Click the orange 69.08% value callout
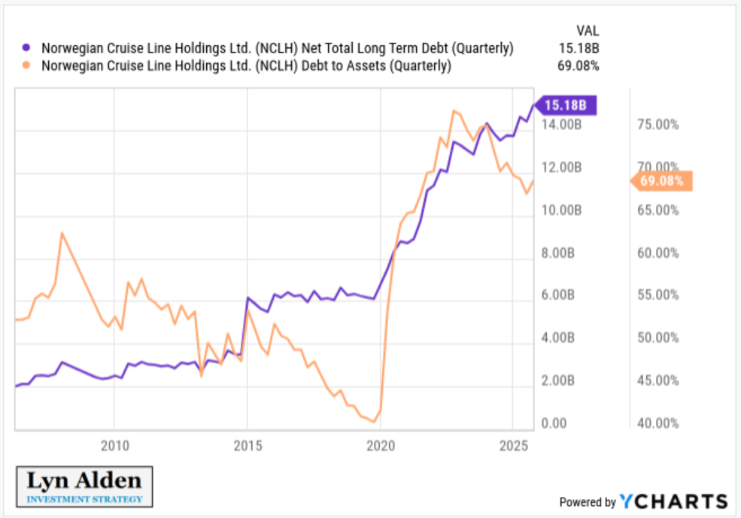coord(661,180)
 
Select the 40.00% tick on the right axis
coord(657,423)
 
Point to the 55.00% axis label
coord(657,295)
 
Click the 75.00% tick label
coord(657,125)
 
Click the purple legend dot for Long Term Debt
coord(27,48)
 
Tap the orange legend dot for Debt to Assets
coord(27,65)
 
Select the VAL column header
coord(587,31)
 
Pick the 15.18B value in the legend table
coord(580,48)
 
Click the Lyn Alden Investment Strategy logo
coord(84,486)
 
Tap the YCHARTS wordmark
coord(673,501)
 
